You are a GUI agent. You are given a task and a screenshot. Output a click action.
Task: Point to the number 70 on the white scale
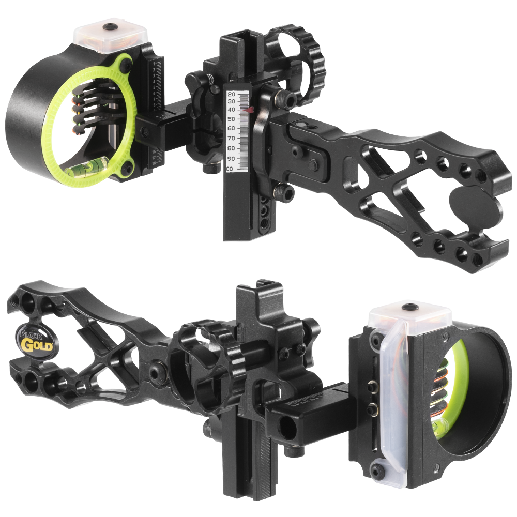[x=232, y=139]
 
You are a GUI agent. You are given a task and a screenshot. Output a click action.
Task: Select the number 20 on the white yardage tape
[x=232, y=94]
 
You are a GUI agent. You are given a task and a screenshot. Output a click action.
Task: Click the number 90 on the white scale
[x=232, y=159]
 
